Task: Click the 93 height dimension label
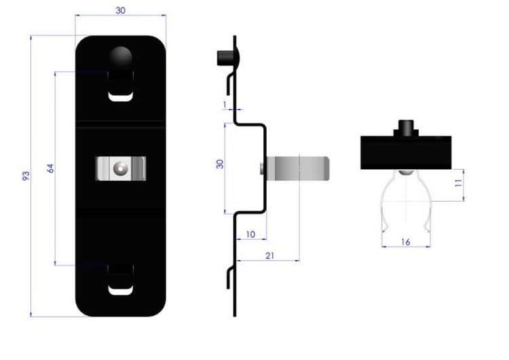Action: tap(26, 175)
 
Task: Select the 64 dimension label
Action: tap(50, 168)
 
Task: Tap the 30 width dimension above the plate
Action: tap(120, 10)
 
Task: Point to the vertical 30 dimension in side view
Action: tap(220, 164)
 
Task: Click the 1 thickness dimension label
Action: tap(225, 105)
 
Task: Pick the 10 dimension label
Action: tap(250, 234)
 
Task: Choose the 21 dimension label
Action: tap(269, 255)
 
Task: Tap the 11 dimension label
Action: tap(458, 183)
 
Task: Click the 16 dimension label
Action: tap(405, 242)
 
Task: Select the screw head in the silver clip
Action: tap(120, 168)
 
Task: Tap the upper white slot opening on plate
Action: tap(120, 97)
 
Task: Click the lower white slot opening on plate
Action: tap(120, 290)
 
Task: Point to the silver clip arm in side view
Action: tap(297, 168)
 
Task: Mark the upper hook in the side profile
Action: tap(230, 84)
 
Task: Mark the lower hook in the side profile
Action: tap(230, 278)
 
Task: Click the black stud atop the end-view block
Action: tap(406, 128)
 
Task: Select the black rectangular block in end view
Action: tap(406, 152)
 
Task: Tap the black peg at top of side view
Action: tap(225, 58)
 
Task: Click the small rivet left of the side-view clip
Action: tap(262, 168)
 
